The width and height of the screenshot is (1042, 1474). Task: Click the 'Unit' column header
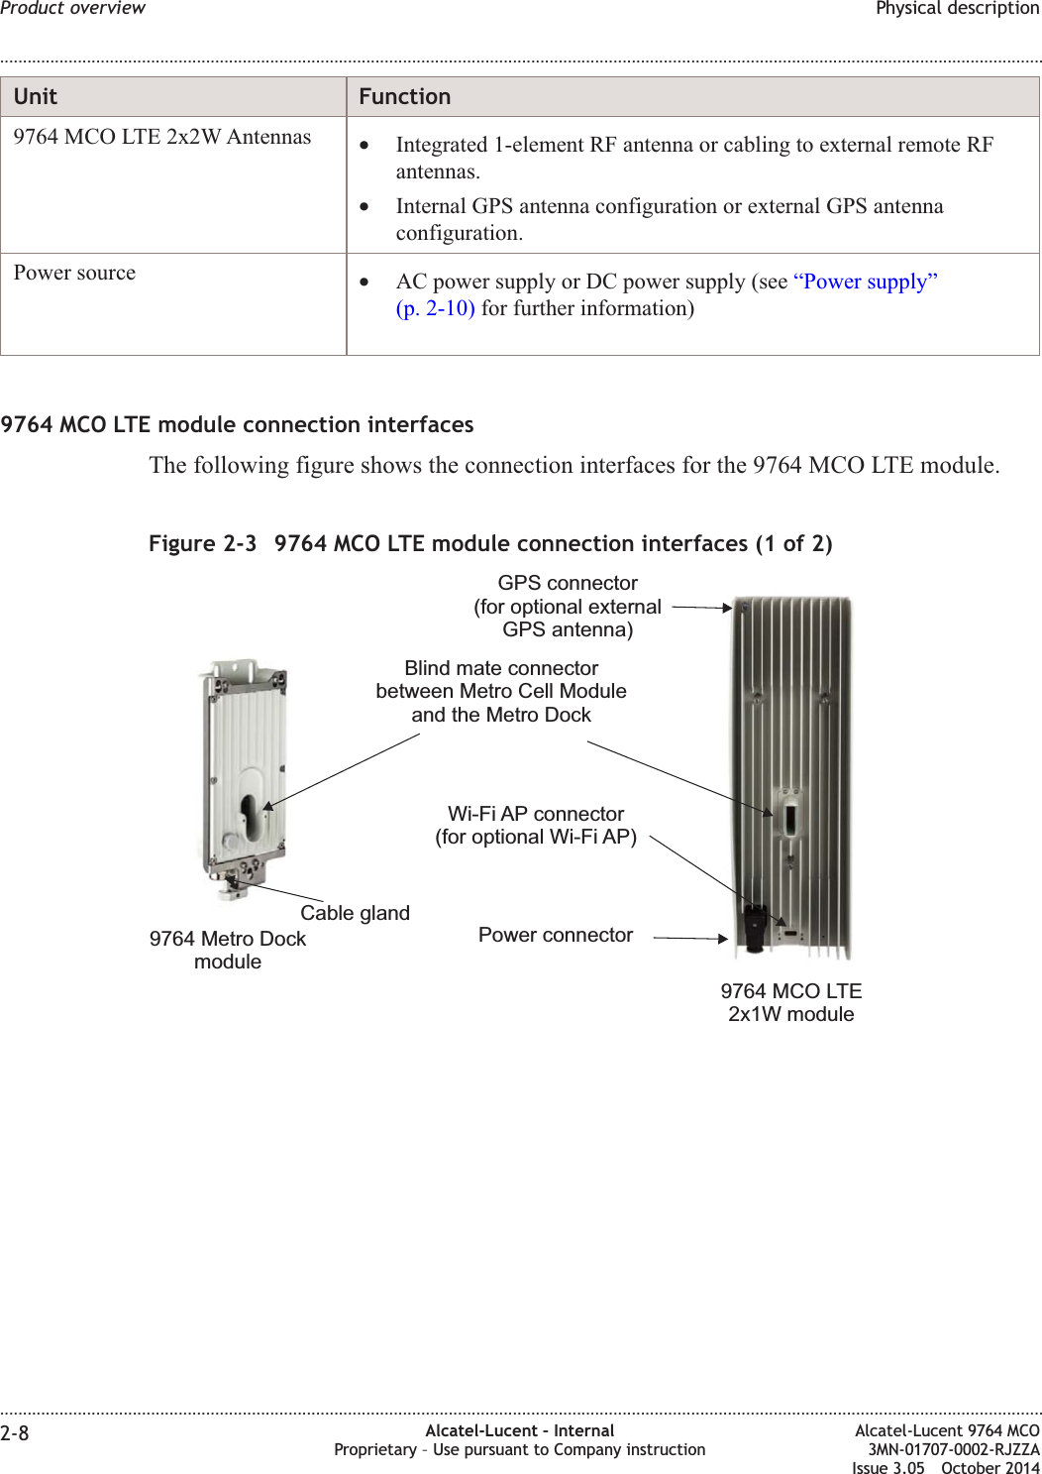(x=36, y=97)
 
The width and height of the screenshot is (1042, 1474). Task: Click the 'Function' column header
(x=404, y=97)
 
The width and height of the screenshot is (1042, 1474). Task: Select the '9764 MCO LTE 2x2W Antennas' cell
(x=162, y=138)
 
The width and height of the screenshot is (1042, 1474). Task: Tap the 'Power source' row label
(x=75, y=274)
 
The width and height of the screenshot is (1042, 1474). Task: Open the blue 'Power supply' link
(x=866, y=283)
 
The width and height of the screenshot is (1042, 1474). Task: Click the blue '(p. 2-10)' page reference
(x=436, y=309)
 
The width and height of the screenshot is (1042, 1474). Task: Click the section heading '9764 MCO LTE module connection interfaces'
(x=238, y=425)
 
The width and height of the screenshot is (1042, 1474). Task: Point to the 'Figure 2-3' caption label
(x=202, y=544)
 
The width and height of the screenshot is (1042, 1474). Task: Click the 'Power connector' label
(x=556, y=936)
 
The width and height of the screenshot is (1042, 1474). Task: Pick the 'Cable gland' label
(x=355, y=913)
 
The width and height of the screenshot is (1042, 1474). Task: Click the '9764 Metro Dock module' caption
(x=228, y=950)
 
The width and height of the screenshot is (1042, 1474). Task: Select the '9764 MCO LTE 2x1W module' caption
(x=790, y=1002)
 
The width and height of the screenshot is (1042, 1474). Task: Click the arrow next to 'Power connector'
(x=690, y=938)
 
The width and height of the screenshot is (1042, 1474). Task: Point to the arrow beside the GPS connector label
(x=701, y=608)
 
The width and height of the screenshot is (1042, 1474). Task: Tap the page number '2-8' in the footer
(x=15, y=1433)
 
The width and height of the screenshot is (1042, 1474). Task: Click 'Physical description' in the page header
(x=957, y=9)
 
